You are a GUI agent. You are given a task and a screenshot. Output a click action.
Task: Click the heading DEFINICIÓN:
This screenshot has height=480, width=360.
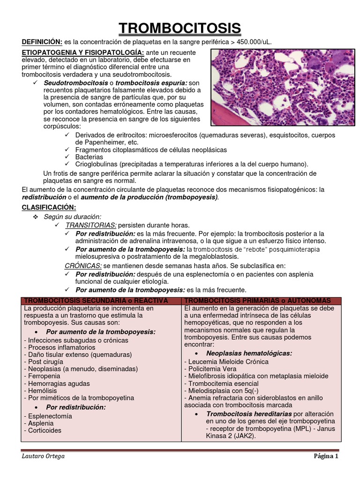click(42, 42)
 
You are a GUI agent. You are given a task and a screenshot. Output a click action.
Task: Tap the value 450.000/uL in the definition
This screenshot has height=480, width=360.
click(254, 42)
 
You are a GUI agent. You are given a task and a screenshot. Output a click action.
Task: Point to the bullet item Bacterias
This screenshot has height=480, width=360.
click(89, 157)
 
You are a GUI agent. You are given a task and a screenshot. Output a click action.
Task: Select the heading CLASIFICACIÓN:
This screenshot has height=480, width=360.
click(49, 207)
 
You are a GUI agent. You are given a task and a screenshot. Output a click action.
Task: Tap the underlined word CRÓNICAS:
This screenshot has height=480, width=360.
click(83, 265)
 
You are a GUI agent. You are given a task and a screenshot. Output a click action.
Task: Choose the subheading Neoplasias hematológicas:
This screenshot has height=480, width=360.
click(249, 353)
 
